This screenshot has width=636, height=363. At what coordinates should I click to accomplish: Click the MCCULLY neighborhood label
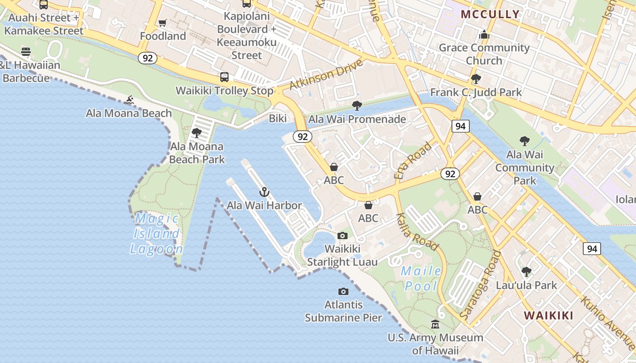click(490, 14)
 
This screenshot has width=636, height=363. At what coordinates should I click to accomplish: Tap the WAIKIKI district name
click(548, 315)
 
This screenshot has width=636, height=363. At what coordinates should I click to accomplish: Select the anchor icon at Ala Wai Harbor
click(264, 192)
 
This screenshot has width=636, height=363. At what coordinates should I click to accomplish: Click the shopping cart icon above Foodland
click(162, 23)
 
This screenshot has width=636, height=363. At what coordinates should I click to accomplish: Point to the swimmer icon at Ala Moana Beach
click(129, 99)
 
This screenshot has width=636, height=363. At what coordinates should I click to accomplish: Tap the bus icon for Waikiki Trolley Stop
click(224, 77)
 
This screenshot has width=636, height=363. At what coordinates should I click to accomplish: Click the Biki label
click(278, 118)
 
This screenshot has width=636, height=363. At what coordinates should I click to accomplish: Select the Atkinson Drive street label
click(326, 74)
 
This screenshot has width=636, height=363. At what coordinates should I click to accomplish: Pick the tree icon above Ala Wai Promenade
click(357, 106)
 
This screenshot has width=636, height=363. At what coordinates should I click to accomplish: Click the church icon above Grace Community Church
click(484, 34)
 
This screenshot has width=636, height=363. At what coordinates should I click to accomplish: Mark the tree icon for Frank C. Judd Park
click(476, 79)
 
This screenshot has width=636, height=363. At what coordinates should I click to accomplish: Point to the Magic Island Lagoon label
click(157, 234)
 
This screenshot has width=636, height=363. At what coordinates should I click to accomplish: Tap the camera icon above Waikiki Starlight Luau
click(343, 235)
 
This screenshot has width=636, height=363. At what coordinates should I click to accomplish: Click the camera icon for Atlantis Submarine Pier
click(343, 291)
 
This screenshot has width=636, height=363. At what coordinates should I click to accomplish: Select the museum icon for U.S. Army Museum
click(435, 324)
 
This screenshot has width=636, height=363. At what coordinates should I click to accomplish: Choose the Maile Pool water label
click(421, 279)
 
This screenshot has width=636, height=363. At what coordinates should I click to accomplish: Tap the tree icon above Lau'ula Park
click(527, 272)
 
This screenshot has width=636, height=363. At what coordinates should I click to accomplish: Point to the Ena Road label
click(413, 161)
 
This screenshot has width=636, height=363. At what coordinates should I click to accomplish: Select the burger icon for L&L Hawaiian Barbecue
click(26, 52)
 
